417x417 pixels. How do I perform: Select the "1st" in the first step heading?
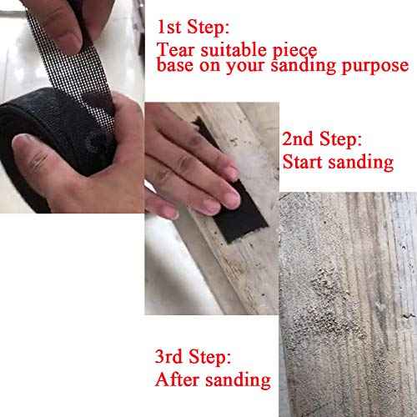172,19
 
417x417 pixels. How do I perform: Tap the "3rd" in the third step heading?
172,359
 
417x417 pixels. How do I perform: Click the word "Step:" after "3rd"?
216,359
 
